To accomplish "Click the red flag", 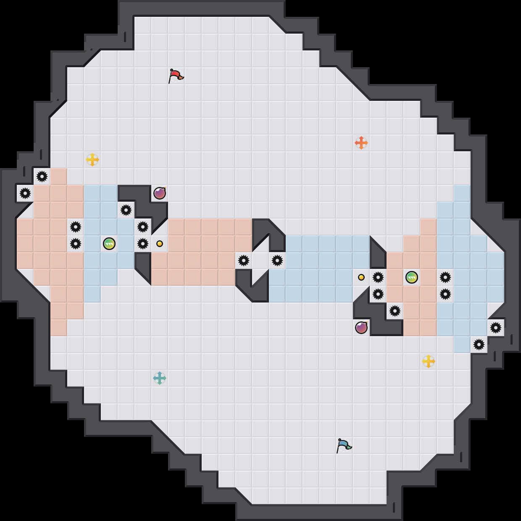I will point(176,76).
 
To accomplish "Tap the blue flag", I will point(344,445).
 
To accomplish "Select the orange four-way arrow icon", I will point(361,143).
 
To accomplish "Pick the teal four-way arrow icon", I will point(160,378).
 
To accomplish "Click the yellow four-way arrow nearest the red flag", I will point(92,160).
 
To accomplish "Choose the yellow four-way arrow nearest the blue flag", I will point(429,361).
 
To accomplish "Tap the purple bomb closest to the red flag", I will point(160,193).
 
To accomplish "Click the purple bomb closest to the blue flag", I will point(361,328).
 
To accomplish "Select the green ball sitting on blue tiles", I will point(109,244).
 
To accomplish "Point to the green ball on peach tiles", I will point(412,277).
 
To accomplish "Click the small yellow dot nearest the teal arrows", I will point(160,244).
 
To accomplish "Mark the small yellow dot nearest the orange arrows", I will point(361,277).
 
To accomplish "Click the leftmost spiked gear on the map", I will point(25,193).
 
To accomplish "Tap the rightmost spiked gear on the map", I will point(496,328).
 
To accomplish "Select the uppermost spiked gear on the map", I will point(42,176).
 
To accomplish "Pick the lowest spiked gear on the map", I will point(479,345).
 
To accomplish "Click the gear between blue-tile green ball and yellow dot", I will point(143,244).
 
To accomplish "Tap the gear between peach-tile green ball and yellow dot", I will point(378,277).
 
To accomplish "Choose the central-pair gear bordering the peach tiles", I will point(244,260).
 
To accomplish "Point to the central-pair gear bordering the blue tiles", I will point(277,260).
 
